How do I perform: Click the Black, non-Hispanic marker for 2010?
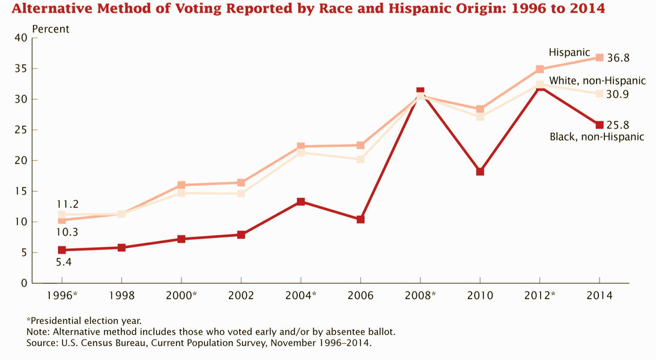click(x=480, y=171)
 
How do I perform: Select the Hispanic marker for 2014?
click(x=600, y=58)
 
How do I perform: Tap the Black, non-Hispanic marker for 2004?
click(x=300, y=201)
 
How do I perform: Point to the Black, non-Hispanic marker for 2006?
click(x=360, y=219)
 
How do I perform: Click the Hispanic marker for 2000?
click(x=181, y=185)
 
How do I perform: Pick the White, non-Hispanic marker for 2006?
click(x=360, y=159)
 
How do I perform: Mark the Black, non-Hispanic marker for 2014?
click(x=600, y=125)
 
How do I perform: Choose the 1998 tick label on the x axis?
click(x=121, y=296)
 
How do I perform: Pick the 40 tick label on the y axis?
click(x=21, y=38)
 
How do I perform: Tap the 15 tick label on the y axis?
click(x=21, y=191)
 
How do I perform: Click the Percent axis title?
click(x=50, y=29)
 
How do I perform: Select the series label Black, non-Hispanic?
click(x=597, y=137)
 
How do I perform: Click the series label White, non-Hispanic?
click(x=597, y=81)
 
